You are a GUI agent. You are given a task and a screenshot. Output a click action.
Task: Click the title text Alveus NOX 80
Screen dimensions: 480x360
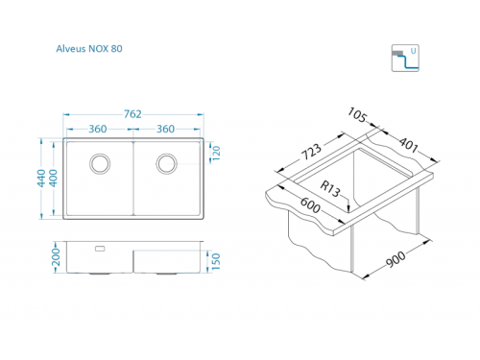coord(89,49)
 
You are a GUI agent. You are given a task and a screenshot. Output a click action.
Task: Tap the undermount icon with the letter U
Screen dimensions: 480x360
coord(405,58)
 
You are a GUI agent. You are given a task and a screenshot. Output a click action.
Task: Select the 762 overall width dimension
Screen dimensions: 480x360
coord(132,114)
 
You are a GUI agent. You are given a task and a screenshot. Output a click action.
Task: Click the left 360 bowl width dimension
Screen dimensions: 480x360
coord(98,129)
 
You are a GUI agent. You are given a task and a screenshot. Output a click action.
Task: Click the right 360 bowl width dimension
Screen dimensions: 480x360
coord(165,129)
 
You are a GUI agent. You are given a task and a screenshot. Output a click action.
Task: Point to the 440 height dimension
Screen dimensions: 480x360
coord(41,178)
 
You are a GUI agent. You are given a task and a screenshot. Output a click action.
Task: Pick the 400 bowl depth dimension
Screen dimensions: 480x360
coord(54,178)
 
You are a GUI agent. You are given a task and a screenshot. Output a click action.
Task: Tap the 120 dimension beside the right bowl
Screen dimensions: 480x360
coord(216,154)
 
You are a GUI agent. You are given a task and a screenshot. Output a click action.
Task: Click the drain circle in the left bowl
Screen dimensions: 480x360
coord(100,163)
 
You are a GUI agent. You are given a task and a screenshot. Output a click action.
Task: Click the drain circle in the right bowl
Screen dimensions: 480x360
coord(167,163)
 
